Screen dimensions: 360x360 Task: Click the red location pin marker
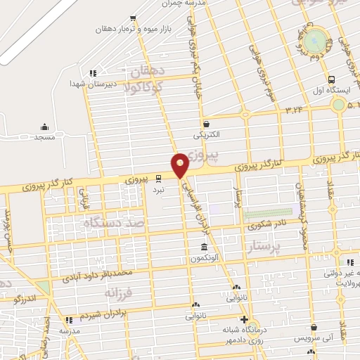point(180,165)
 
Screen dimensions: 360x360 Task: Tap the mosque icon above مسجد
point(45,127)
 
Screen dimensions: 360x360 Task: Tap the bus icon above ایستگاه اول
point(331,79)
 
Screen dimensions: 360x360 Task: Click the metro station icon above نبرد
point(158,179)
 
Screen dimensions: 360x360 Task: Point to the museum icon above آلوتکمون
point(204,247)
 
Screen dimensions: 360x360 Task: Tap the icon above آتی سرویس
point(311,327)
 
